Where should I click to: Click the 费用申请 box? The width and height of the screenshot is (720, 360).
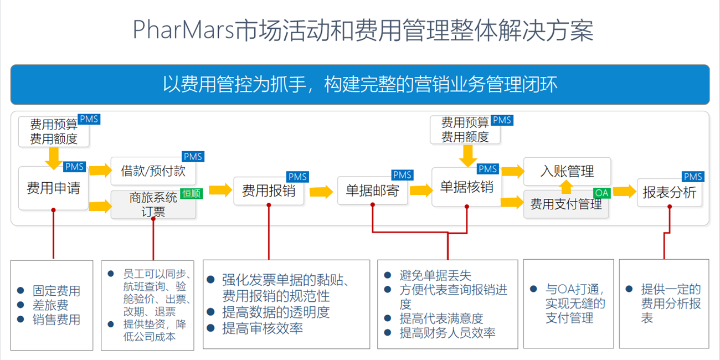pos(53,188)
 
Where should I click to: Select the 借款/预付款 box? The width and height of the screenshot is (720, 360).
pos(153,171)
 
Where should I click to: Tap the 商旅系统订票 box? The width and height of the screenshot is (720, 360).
pos(153,205)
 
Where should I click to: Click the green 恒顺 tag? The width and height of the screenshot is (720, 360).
pos(192,193)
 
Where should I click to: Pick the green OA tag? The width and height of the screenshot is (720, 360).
pos(601,193)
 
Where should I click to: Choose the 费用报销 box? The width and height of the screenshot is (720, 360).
pos(269,191)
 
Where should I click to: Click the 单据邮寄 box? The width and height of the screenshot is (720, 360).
pos(373,191)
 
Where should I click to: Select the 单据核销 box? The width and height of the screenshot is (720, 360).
pos(467,187)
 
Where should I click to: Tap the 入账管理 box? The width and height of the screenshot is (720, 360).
pos(567,171)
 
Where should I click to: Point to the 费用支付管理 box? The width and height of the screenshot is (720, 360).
pos(566,204)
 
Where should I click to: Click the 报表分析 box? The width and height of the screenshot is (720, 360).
pos(670,193)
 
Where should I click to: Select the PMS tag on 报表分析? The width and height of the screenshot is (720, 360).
pos(693,177)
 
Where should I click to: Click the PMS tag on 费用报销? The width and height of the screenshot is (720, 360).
pos(297,177)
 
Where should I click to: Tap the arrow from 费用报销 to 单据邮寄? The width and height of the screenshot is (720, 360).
pos(321,192)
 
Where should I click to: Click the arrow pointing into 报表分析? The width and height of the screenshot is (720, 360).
pos(625,191)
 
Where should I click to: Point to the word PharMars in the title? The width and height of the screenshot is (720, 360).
pos(183,30)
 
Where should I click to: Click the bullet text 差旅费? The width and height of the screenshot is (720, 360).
pos(50,305)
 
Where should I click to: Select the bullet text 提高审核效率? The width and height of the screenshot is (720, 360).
pos(263,328)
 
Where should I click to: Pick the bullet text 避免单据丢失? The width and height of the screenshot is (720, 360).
pos(435,275)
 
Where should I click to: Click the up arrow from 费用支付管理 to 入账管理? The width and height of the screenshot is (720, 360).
pos(567,187)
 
